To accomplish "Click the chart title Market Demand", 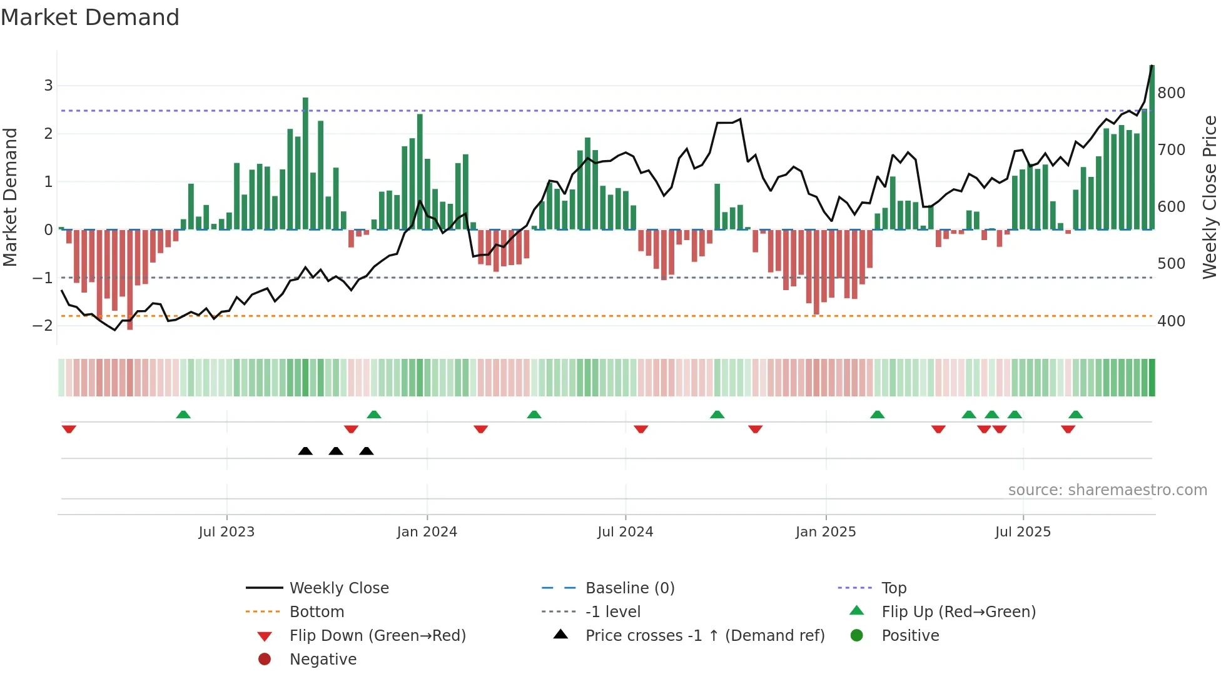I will tap(90, 18).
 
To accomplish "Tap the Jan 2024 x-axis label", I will tap(427, 532).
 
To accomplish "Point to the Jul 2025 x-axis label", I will tap(1023, 532).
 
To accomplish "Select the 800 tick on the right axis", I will tap(1171, 93).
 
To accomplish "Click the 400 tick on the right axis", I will tap(1171, 321).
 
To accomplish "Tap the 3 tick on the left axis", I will tap(48, 86).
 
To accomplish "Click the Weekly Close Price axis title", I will tap(1210, 197).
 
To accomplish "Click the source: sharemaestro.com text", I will tap(1107, 490).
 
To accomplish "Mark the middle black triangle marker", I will tap(336, 451).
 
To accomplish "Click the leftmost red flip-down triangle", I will tap(69, 429).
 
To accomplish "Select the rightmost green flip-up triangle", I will tap(1075, 415).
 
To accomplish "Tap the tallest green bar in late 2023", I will tap(305, 163).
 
